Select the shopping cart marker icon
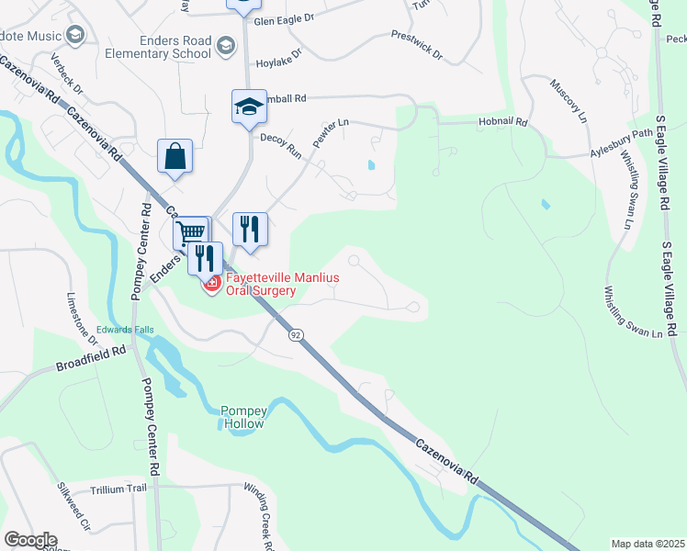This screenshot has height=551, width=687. point(190,233)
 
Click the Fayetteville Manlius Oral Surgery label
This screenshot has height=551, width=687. point(250,284)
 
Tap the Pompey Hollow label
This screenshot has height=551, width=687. point(242,417)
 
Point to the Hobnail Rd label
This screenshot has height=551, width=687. point(503,121)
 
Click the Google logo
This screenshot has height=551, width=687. point(30,540)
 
